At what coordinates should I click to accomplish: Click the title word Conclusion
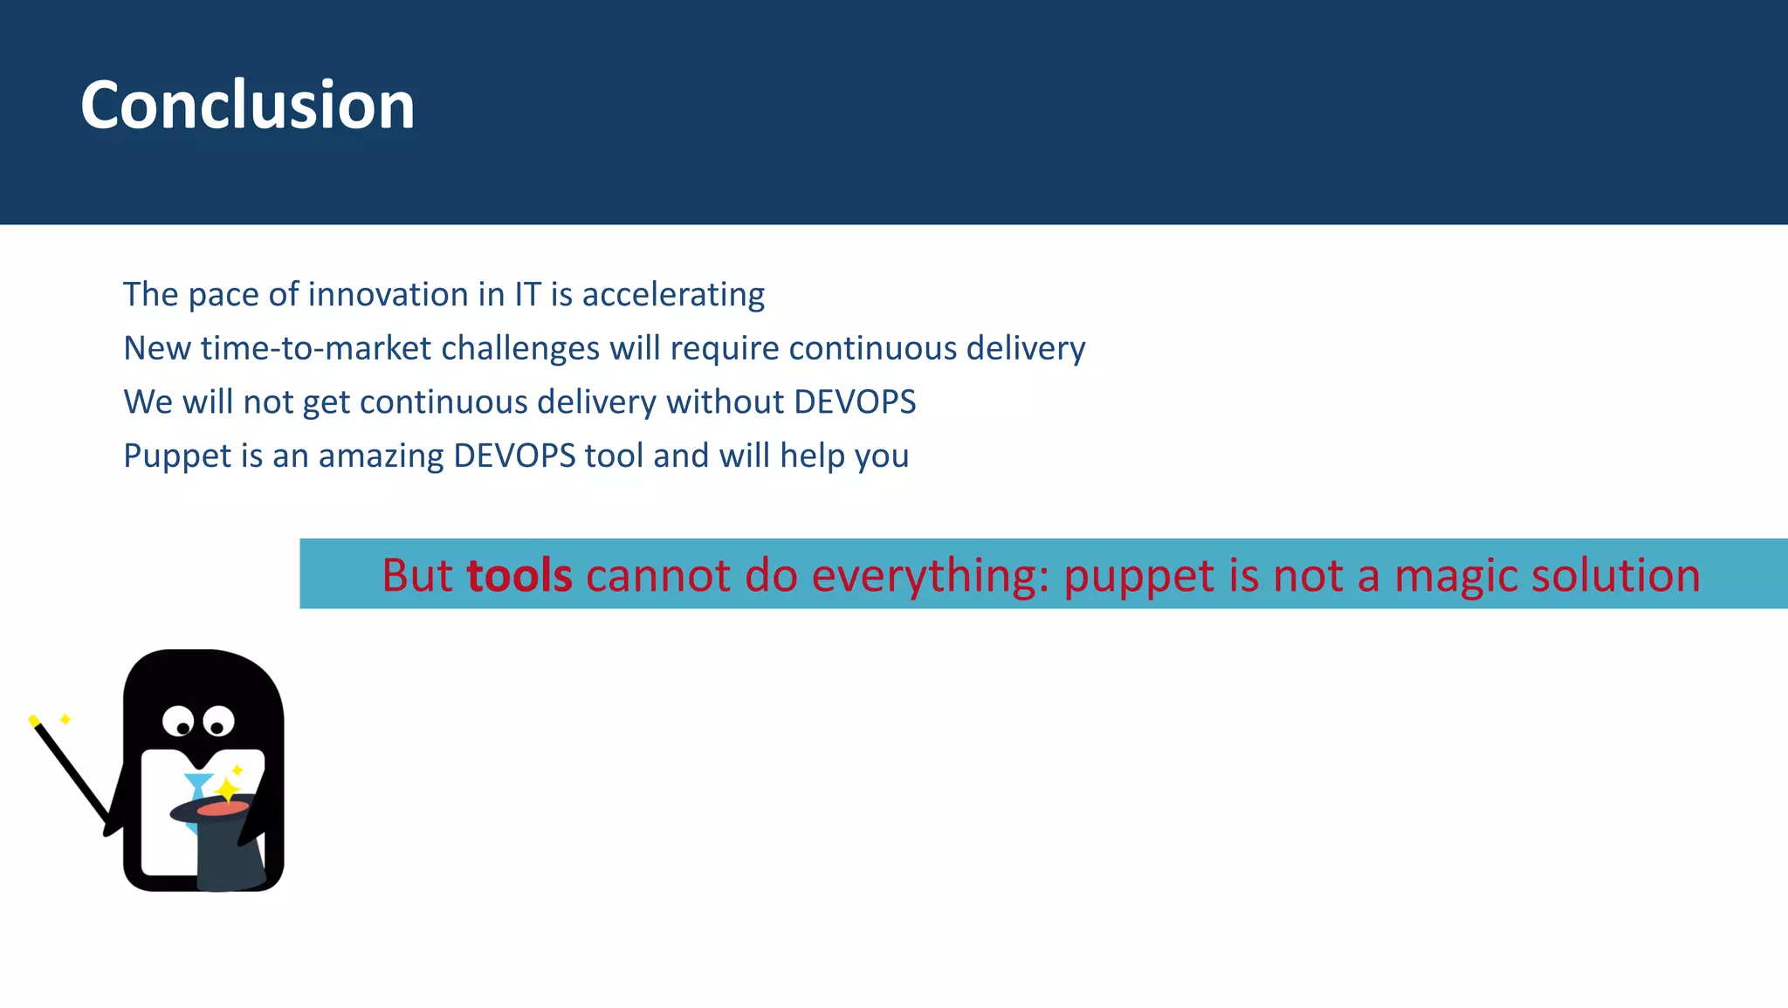[x=247, y=106]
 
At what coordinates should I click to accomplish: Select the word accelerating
[x=673, y=295]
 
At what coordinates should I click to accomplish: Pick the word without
[x=725, y=402]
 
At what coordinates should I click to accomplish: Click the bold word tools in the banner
[x=519, y=575]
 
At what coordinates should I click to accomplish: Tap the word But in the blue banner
[x=417, y=575]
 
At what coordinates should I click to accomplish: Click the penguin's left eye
[x=179, y=722]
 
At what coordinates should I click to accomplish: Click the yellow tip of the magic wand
[x=33, y=720]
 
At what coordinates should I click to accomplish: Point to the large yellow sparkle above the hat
[x=227, y=791]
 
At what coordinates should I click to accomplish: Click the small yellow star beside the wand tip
[x=65, y=719]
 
